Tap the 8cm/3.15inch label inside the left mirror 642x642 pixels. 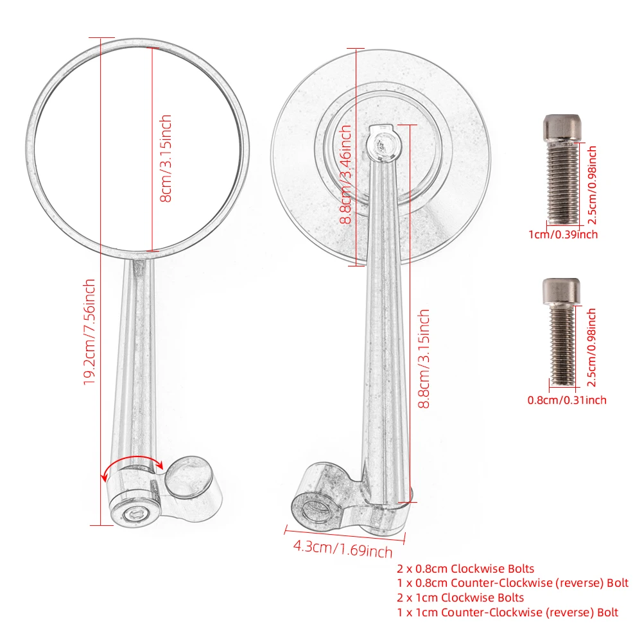[166, 158]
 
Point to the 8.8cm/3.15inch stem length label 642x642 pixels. [424, 358]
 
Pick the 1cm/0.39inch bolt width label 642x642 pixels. [562, 234]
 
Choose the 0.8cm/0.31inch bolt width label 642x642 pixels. [566, 400]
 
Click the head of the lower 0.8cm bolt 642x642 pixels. [562, 290]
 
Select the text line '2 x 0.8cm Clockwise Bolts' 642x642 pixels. [465, 568]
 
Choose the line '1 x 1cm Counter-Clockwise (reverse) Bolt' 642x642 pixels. [507, 612]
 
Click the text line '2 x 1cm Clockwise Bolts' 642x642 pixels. [460, 598]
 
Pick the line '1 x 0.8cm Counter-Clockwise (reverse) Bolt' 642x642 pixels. [512, 583]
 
